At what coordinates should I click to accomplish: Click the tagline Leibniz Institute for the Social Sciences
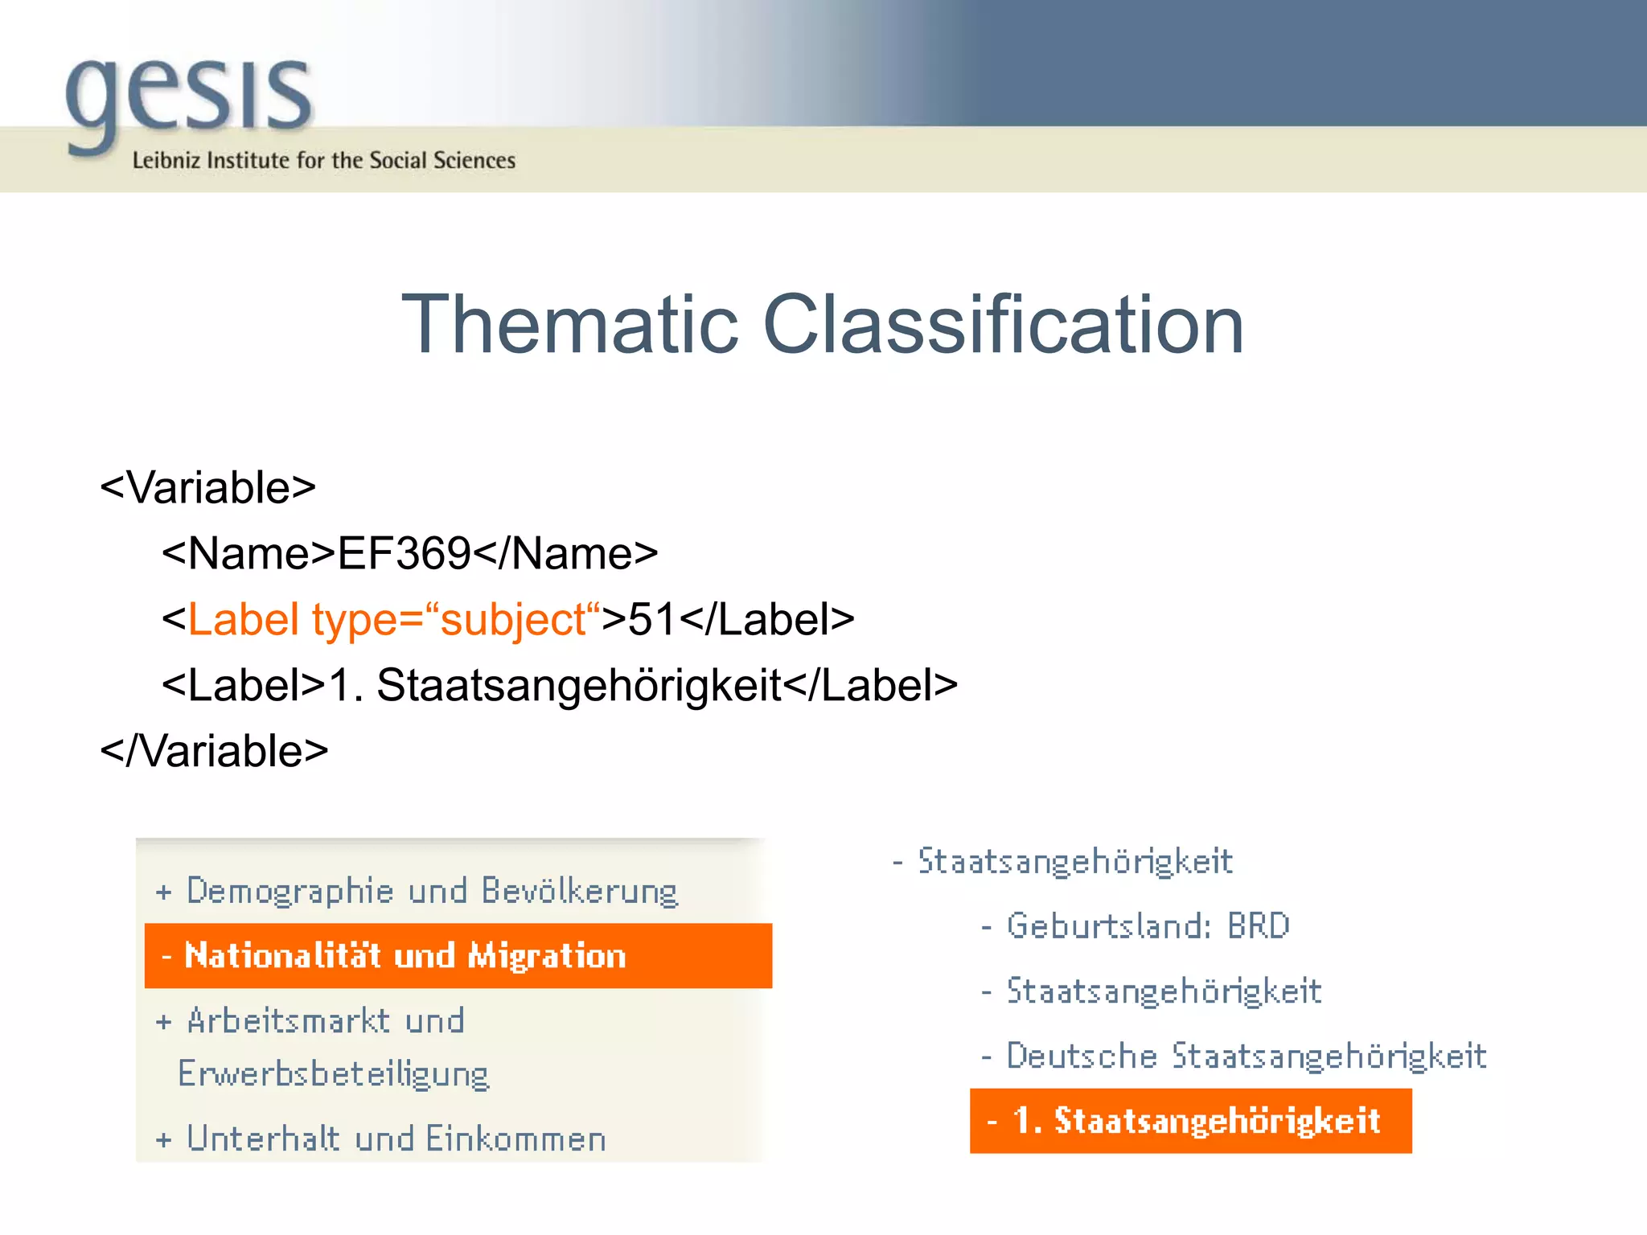323,161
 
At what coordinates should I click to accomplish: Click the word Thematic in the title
569,324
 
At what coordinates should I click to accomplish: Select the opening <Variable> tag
208,488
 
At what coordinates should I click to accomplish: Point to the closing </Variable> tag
214,751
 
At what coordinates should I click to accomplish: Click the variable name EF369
404,554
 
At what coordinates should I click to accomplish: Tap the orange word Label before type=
244,620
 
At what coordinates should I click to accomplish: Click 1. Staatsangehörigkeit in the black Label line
555,686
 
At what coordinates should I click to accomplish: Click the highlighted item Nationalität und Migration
405,956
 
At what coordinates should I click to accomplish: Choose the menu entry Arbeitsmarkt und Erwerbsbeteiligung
326,1045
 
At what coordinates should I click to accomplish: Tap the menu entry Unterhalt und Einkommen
396,1139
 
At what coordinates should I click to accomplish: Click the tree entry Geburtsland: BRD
1148,926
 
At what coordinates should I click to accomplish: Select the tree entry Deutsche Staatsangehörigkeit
1246,1057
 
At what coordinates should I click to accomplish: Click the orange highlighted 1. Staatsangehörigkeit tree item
1197,1121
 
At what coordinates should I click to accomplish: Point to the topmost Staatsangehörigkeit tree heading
1074,861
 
